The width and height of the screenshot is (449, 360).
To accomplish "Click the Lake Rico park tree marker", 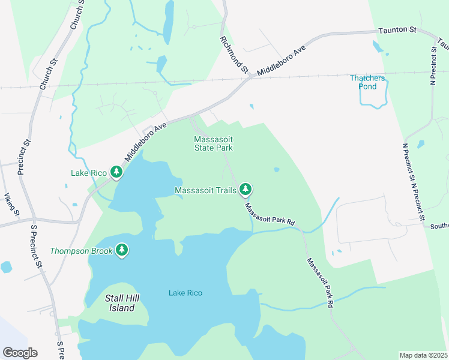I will [116, 173].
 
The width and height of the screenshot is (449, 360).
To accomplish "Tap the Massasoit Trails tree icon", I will [245, 190].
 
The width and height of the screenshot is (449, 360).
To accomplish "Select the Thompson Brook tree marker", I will [122, 250].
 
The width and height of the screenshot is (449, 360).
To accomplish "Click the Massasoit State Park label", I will [213, 143].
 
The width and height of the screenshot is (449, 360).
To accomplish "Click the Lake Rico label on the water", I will [185, 293].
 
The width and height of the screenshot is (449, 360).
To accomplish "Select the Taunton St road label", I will [397, 30].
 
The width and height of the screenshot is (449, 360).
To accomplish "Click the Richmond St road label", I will [234, 55].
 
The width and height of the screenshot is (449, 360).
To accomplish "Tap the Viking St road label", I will [13, 205].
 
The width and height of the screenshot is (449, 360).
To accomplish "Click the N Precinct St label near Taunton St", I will [433, 64].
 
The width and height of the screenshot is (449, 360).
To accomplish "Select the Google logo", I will [20, 353].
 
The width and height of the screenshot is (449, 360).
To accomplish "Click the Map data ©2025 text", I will [423, 355].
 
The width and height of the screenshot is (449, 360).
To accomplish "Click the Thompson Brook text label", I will [82, 251].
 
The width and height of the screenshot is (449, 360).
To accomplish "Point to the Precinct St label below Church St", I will [25, 157].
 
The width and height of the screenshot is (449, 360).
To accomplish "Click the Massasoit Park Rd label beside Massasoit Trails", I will [270, 214].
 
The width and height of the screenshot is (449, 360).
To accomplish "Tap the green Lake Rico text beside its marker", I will [89, 173].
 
